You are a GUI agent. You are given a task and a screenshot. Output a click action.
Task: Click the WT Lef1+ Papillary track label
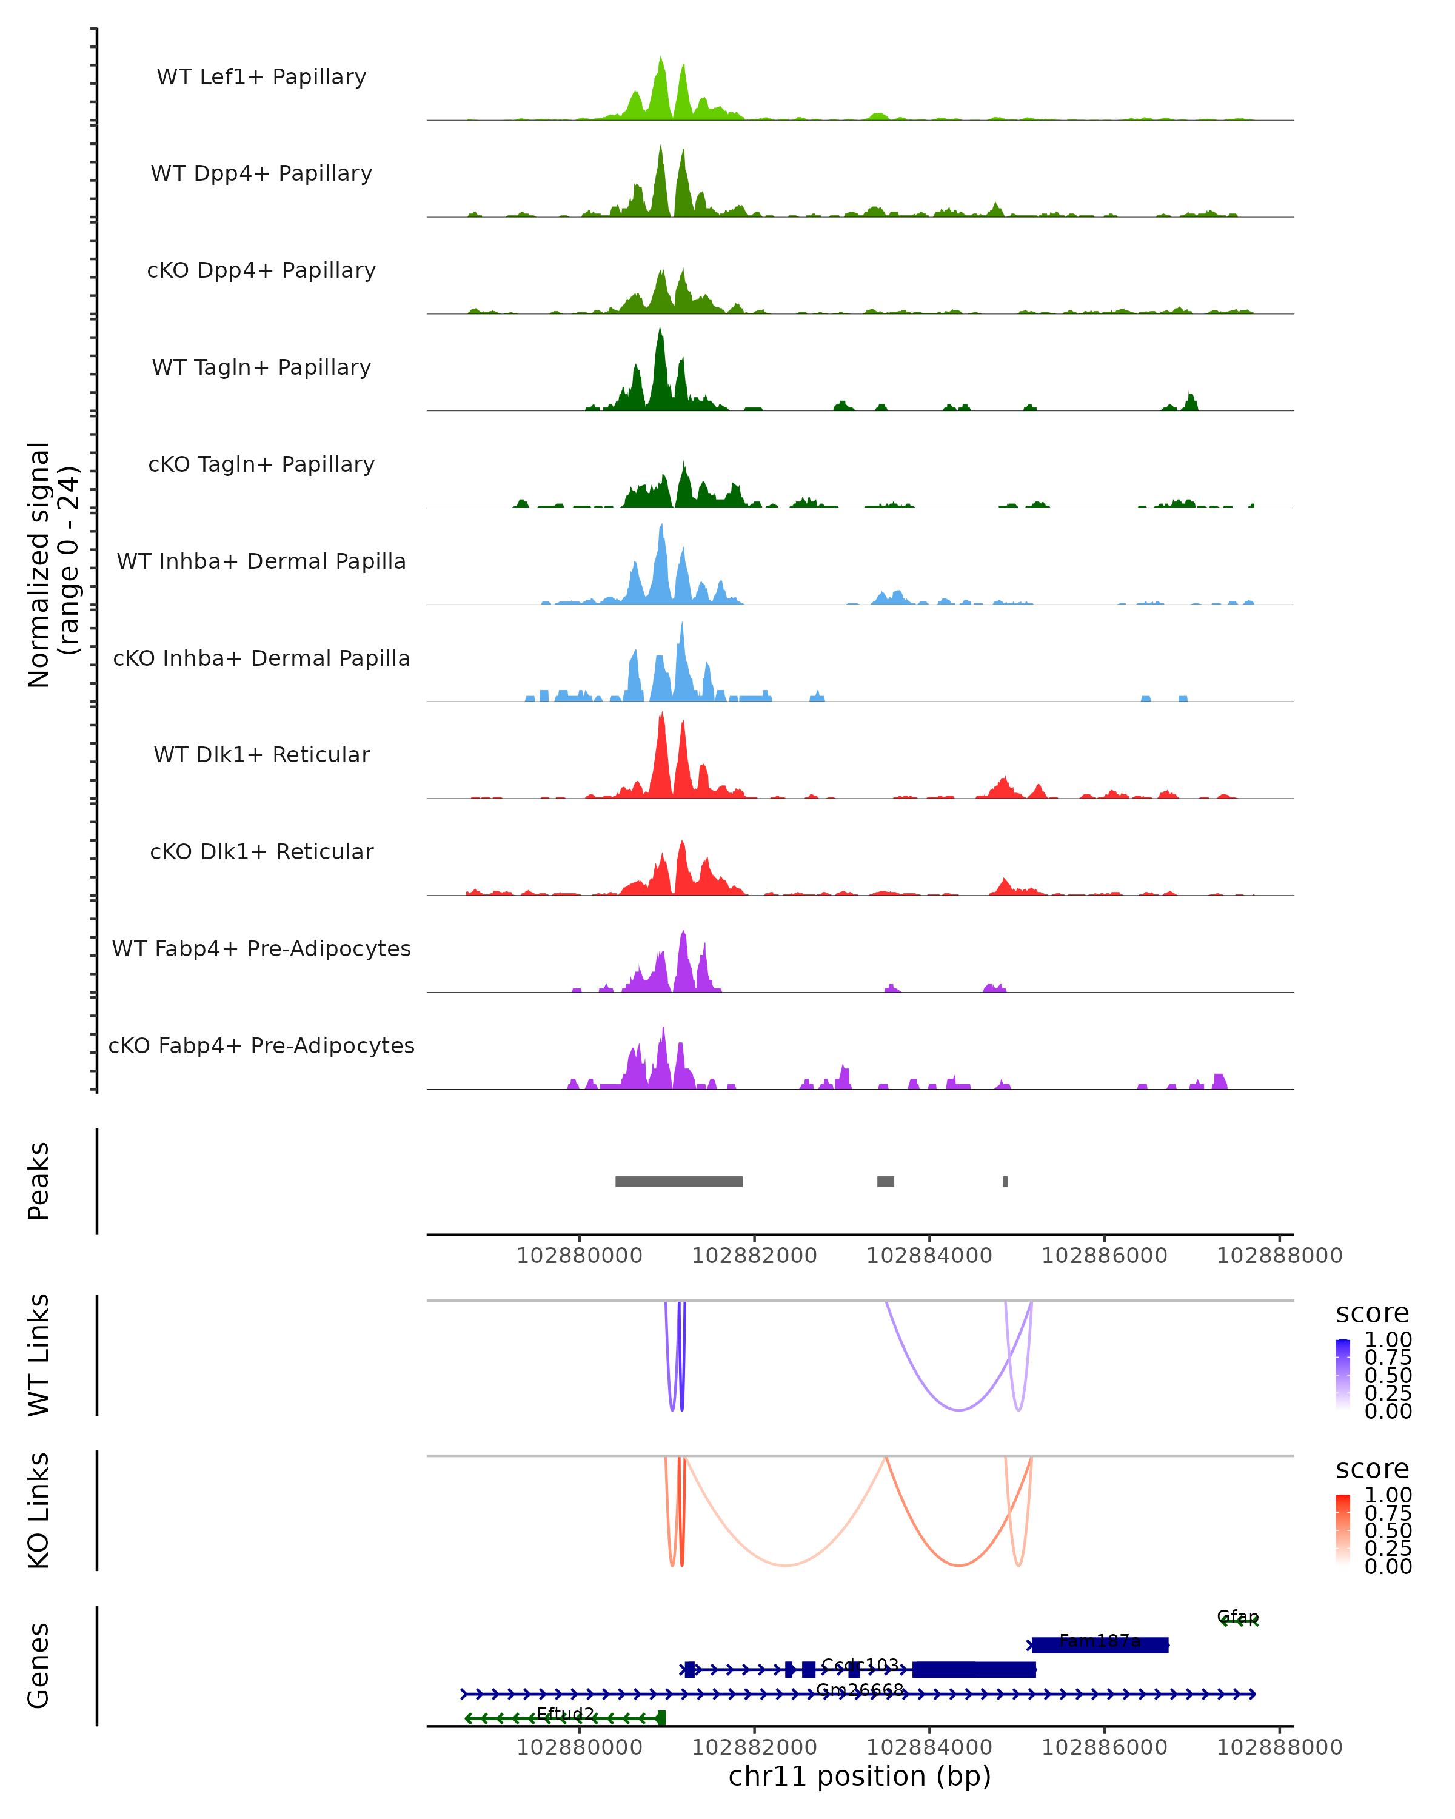point(261,77)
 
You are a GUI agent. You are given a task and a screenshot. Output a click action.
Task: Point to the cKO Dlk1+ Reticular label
point(261,851)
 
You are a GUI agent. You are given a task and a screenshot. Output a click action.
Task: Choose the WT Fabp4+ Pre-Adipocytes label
point(261,948)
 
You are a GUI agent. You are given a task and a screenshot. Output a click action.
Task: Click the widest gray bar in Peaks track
point(678,1181)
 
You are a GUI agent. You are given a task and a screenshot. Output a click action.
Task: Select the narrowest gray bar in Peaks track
point(1005,1181)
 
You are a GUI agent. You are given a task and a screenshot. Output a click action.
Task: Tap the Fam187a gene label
point(1099,1641)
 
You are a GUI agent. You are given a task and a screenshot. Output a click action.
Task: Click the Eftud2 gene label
point(565,1713)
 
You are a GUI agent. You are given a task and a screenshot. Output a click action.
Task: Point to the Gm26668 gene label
point(860,1690)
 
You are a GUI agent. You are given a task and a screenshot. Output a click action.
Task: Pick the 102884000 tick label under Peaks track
point(929,1256)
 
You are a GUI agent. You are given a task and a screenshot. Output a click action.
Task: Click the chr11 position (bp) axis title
point(860,1776)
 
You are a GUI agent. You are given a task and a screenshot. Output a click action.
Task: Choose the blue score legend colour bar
point(1343,1375)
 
